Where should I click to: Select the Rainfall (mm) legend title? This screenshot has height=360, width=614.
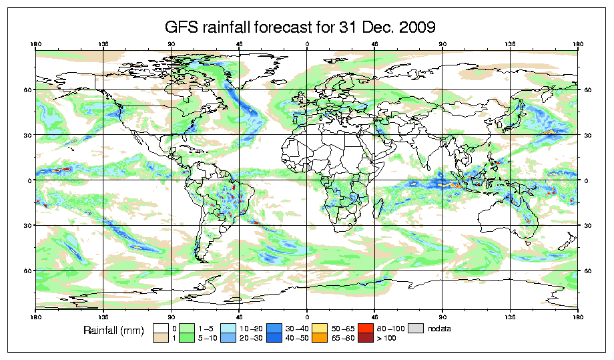coord(115,330)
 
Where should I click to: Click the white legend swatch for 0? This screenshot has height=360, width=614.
coord(160,328)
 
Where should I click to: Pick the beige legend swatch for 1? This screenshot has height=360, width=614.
coord(160,338)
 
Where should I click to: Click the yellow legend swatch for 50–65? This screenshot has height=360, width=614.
coord(320,328)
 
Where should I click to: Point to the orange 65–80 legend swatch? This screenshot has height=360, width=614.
coord(320,338)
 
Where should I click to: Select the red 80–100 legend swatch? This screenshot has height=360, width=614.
coord(366,328)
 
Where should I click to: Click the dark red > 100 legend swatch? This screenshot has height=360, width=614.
coord(366,338)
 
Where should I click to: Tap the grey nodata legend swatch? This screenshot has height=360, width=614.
coord(415,328)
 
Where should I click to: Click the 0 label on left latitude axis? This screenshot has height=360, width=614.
coord(30,180)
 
